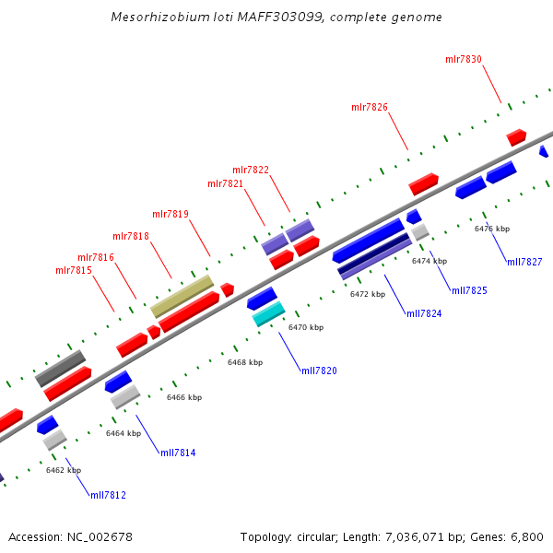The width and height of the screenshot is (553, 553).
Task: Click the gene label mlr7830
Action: pos(464,59)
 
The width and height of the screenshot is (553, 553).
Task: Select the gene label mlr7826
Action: pos(370,107)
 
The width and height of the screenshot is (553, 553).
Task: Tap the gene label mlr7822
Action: pos(251,170)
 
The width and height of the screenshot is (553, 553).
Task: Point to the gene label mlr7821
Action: pos(226,184)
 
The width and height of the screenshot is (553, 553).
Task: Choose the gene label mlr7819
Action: pos(171,214)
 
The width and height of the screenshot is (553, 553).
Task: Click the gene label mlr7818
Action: pos(131,236)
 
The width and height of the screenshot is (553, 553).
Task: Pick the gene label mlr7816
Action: pos(96,258)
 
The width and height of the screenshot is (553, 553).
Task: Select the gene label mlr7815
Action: pos(74,270)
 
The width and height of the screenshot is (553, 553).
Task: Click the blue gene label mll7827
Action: pos(524,262)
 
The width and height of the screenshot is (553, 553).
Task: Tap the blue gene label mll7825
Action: pos(469,290)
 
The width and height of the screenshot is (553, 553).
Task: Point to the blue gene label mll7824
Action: pos(424,314)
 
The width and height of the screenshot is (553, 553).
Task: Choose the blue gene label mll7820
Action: pos(319,371)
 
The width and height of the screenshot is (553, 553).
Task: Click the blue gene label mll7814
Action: pos(178,453)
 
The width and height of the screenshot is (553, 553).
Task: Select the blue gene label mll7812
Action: pos(108,495)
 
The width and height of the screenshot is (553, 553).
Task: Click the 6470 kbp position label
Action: pos(306,327)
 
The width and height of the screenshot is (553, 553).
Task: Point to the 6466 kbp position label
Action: pos(184,397)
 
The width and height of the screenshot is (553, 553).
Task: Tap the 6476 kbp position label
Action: pos(492,229)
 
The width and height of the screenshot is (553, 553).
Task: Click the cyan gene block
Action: pos(268,315)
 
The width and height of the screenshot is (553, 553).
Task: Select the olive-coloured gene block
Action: pos(182,296)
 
